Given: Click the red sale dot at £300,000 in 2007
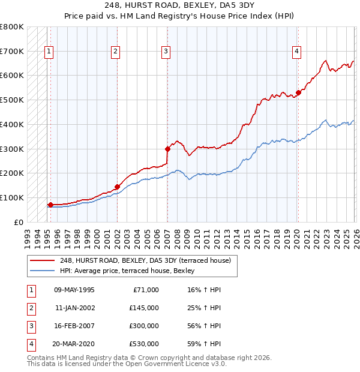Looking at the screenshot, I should pos(167,149).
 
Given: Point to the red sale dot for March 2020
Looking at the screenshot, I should pos(298,92).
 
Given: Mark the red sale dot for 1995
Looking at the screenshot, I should pos(50,205).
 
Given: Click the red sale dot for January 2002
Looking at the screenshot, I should pos(117,187).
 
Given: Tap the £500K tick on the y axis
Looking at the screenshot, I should pos(12,100).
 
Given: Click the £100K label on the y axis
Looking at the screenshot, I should pos(12,197).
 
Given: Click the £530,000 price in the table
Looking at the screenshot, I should pos(143,344).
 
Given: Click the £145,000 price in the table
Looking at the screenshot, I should pos(143,308).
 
